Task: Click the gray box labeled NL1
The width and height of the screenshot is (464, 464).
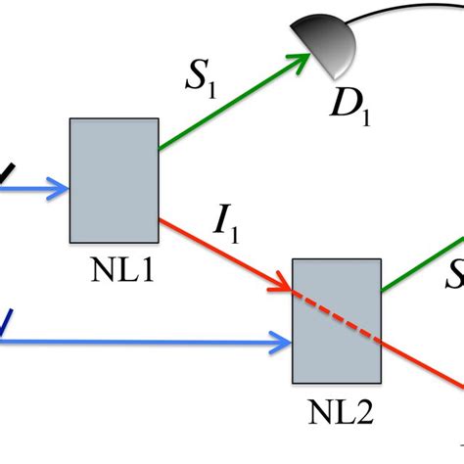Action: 114,180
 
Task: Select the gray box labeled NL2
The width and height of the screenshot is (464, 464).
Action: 337,320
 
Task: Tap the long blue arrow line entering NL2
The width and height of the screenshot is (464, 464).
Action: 147,342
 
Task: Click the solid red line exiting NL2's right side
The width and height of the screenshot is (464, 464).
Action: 421,362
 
